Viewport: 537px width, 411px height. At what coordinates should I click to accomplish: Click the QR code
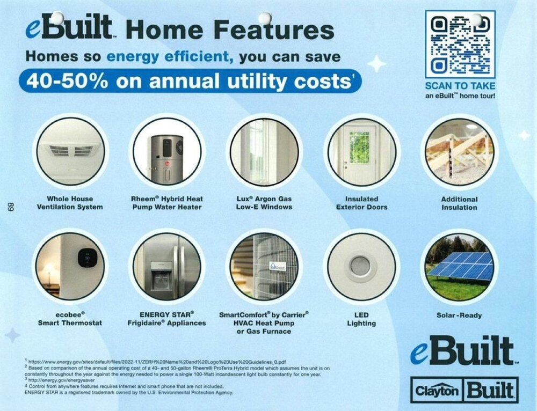tap(460, 44)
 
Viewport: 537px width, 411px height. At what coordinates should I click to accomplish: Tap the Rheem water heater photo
tap(167, 152)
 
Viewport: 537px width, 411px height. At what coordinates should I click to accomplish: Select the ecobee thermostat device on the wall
tap(86, 258)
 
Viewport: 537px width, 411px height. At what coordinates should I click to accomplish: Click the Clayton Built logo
tap(465, 390)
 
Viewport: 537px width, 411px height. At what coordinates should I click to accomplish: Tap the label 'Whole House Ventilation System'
tap(70, 203)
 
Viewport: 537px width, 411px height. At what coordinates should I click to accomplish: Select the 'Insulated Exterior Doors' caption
tap(361, 203)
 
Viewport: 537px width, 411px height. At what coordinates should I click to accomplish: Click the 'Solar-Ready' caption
tap(459, 315)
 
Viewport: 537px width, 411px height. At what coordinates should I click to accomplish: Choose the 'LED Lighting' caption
tap(361, 319)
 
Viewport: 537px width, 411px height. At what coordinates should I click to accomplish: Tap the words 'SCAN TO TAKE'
tap(460, 85)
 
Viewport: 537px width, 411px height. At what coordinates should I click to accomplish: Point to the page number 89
tap(11, 208)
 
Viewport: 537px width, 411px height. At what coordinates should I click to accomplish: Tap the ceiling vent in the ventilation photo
tap(71, 150)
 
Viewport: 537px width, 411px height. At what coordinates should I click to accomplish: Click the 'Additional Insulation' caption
tap(459, 203)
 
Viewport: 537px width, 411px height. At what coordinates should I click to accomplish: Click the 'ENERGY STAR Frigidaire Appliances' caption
tap(167, 319)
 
